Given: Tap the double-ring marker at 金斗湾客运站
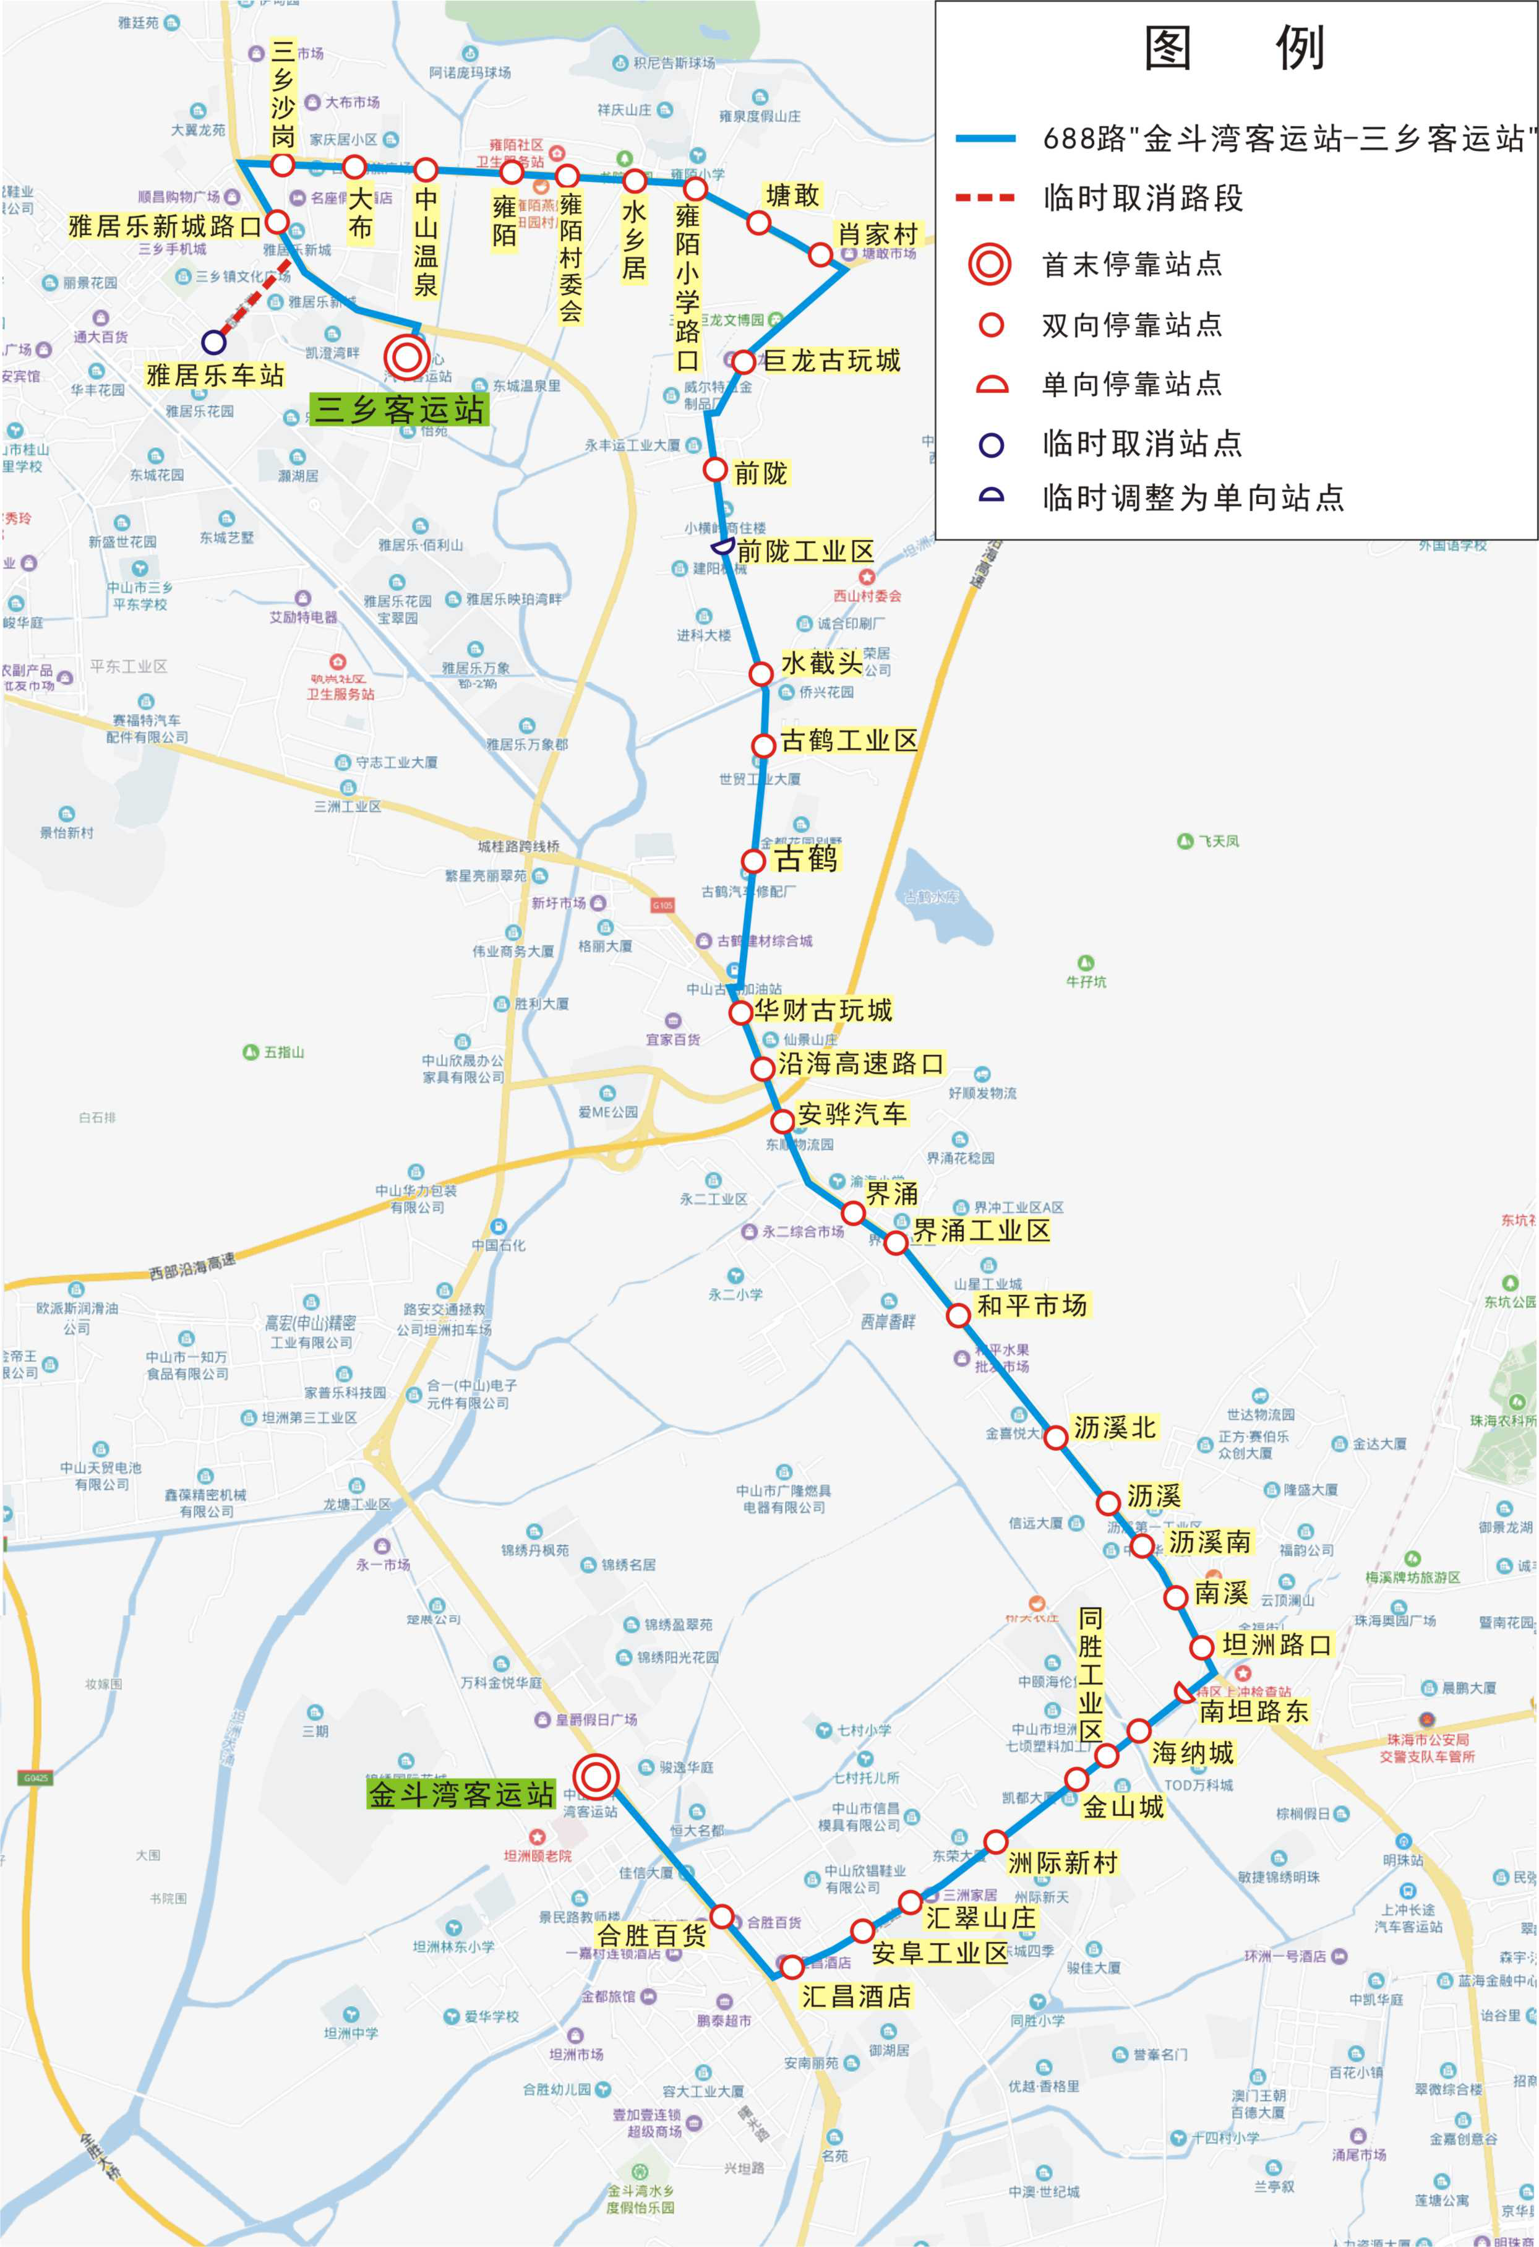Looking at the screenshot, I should (x=596, y=1775).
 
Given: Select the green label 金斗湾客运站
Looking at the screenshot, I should (x=461, y=1795).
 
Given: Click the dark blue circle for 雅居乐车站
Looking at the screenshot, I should (x=213, y=342).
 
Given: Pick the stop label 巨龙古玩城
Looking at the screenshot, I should (x=831, y=361).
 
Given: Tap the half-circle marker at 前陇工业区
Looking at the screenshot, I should (x=722, y=548).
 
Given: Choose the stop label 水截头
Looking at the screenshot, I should (x=821, y=663).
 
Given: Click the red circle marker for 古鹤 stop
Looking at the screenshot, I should (x=753, y=861).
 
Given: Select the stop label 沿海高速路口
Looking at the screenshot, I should (x=860, y=1063).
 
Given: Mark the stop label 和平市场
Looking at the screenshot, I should (x=1032, y=1305).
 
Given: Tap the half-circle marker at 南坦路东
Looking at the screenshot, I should (x=1183, y=1692).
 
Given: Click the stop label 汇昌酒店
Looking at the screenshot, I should (x=857, y=1996).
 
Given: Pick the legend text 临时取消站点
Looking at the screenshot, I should (x=1142, y=444).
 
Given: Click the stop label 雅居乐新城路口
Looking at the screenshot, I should (x=165, y=226).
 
